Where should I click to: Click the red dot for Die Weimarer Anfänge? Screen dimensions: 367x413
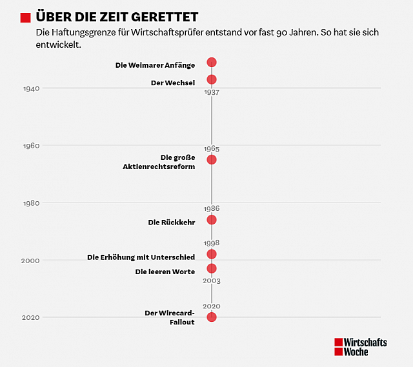click(211, 63)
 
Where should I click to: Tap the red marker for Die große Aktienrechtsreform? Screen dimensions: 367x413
click(211, 159)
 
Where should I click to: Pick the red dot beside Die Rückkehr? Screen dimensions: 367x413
click(211, 220)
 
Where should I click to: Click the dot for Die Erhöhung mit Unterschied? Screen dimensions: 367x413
click(211, 254)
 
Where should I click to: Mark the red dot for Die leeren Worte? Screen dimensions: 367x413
click(211, 268)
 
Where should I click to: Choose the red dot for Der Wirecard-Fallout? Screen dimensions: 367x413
click(211, 317)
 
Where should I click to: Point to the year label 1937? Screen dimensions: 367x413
click(211, 92)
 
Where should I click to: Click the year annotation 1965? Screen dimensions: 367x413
click(211, 149)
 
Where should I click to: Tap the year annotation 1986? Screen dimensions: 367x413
click(211, 208)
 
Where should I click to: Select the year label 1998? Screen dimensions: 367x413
click(211, 243)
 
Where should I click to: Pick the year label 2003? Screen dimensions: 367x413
click(211, 281)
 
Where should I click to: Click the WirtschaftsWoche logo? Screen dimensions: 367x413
click(360, 347)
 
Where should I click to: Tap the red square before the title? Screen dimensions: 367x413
click(26, 17)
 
